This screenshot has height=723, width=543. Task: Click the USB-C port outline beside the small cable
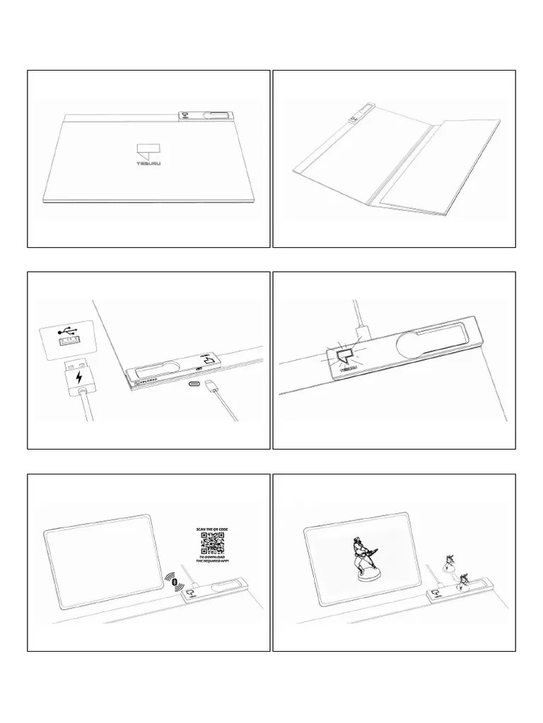tap(194, 385)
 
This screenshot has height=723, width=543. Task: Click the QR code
tap(214, 543)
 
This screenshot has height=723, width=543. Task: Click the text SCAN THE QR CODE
tap(214, 528)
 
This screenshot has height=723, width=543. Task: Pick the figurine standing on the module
tap(463, 582)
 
